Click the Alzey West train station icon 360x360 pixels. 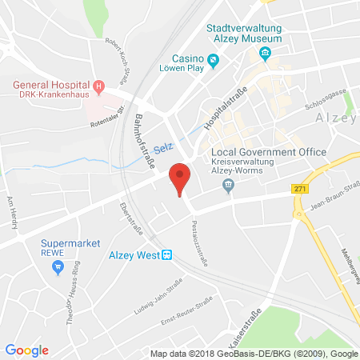[x=166, y=255]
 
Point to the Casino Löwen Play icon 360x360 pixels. [x=213, y=60]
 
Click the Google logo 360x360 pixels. [x=26, y=350]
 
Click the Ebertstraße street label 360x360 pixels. [x=127, y=220]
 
